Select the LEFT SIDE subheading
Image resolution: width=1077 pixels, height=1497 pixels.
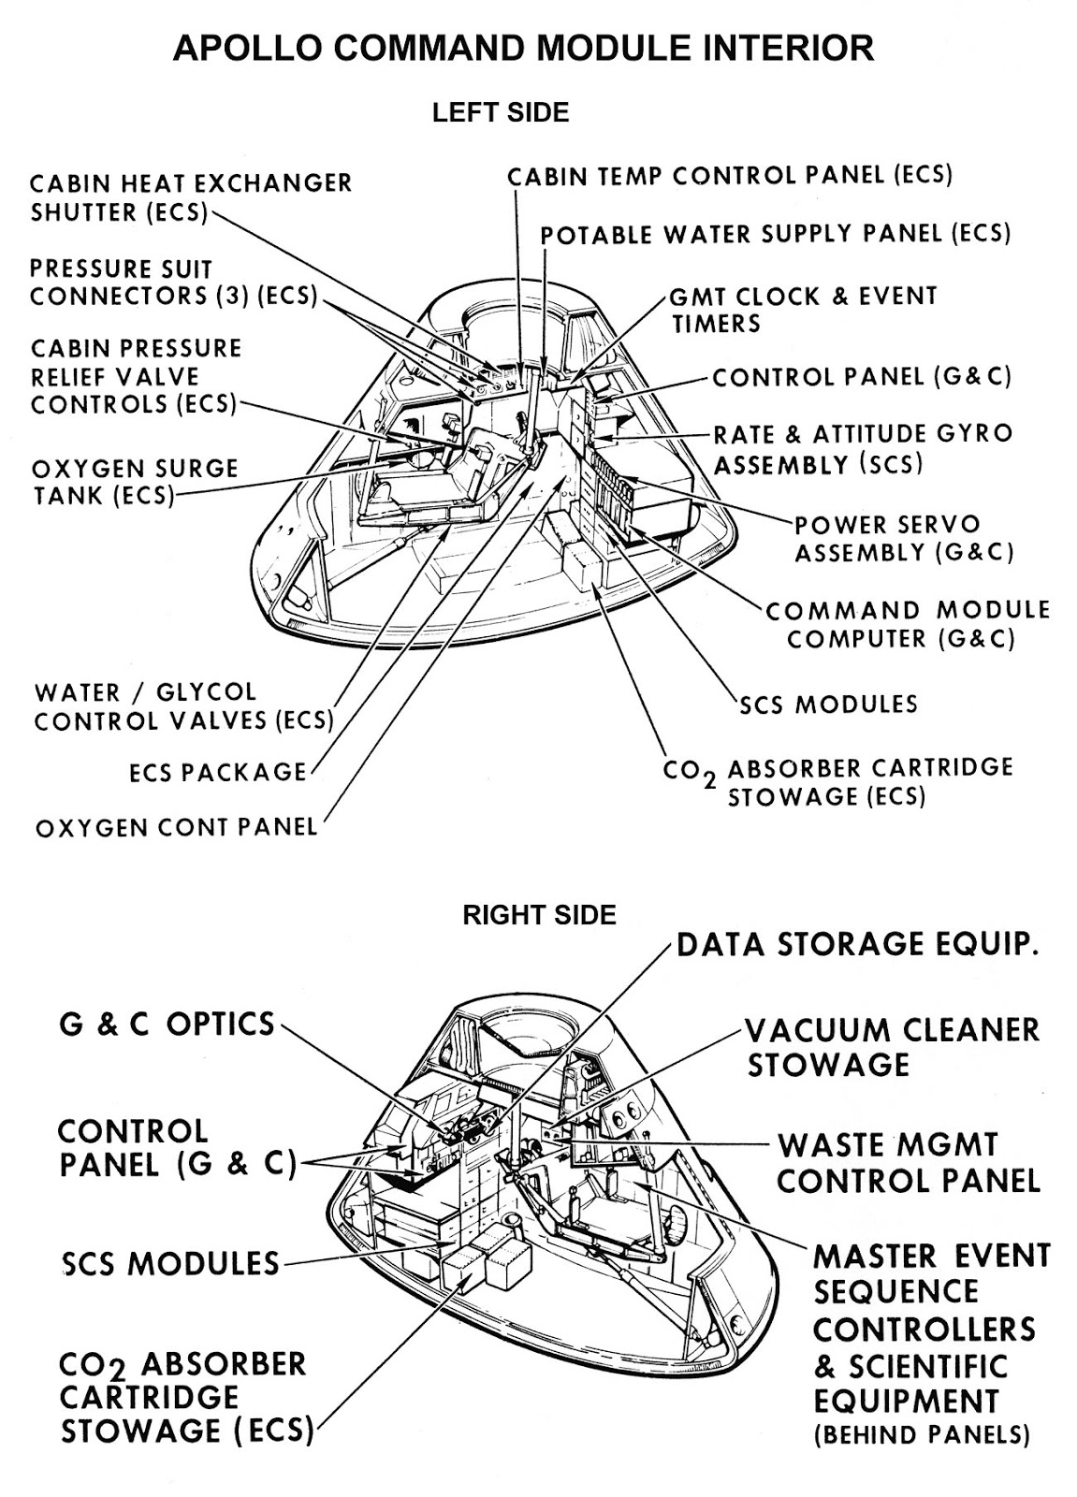point(500,113)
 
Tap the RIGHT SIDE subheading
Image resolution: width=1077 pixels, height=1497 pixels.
point(539,914)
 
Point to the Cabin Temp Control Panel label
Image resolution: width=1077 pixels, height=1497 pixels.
point(729,175)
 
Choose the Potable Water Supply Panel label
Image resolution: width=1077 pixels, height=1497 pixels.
point(776,234)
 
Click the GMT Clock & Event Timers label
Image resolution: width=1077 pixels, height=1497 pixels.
point(801,310)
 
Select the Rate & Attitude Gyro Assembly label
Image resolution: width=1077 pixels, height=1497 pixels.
point(862,449)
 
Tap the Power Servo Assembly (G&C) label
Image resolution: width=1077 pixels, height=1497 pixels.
point(903,538)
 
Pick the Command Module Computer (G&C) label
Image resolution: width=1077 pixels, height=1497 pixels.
point(907,624)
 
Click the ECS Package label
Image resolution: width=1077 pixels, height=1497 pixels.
point(217,772)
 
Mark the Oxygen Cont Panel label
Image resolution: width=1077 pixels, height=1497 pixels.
point(176,827)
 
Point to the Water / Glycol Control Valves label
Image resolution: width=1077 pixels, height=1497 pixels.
point(183,706)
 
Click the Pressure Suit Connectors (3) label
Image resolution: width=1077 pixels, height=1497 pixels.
point(173,283)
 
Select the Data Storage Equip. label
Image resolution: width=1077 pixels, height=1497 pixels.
point(856,945)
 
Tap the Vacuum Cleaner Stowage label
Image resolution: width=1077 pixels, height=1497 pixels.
point(892,1047)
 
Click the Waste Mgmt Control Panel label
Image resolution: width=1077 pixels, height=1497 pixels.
point(908,1162)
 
